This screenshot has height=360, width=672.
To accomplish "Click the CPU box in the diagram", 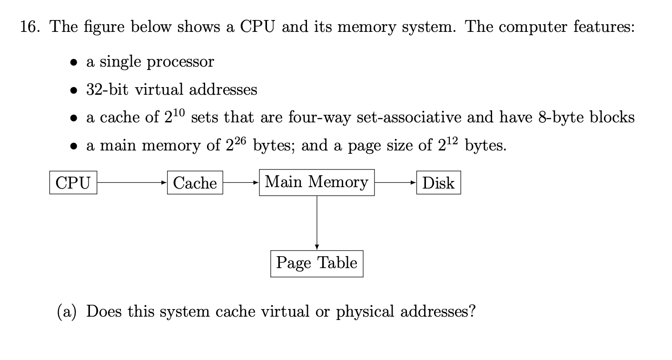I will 73,183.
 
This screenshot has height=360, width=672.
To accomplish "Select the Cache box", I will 195,183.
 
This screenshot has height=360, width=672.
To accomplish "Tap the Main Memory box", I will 316,182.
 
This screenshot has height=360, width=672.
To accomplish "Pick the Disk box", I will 438,183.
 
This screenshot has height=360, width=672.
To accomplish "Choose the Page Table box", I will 316,263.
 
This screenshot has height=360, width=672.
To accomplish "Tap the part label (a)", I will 68,312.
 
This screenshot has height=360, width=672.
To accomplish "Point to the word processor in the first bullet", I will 180,62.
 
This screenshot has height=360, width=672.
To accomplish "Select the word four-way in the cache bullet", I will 320,117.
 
